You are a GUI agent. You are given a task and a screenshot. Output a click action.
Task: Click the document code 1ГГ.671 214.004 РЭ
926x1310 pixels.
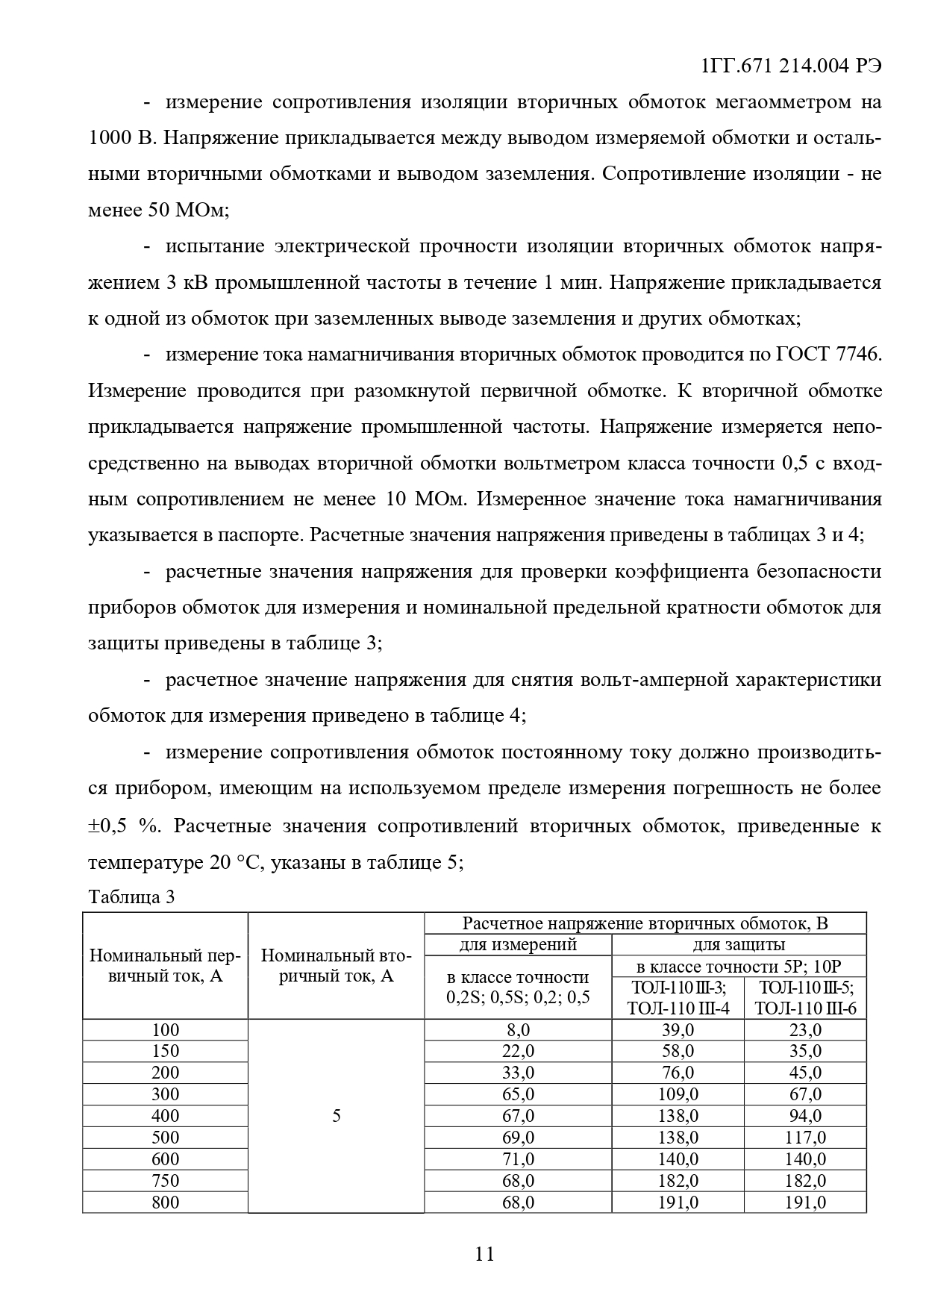[x=792, y=66]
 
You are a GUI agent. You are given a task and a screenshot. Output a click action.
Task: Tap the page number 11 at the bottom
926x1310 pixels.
[x=484, y=1253]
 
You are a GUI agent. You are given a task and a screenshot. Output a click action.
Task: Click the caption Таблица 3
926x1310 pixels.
[x=131, y=896]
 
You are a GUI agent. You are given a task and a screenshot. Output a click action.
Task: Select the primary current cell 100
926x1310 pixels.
[x=165, y=1030]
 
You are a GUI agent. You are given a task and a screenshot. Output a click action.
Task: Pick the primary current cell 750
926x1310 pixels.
[x=165, y=1181]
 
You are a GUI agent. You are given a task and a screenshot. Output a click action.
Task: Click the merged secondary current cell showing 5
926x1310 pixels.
[x=336, y=1116]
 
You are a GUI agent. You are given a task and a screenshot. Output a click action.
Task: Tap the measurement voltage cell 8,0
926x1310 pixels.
[x=518, y=1030]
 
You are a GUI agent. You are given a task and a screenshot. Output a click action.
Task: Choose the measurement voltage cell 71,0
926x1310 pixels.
[x=518, y=1159]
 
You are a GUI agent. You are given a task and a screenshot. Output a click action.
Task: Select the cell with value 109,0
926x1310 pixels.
[x=678, y=1094]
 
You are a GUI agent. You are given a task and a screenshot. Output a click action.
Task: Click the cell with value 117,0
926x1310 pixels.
[x=805, y=1138]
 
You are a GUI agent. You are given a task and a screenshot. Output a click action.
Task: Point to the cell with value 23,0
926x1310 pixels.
[x=805, y=1030]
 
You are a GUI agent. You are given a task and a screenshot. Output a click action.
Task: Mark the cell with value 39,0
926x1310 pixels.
[x=678, y=1030]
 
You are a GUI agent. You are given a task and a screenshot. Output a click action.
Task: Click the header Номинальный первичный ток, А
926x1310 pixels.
[x=165, y=965]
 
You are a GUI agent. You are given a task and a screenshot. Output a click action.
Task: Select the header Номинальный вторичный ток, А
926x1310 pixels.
[x=336, y=965]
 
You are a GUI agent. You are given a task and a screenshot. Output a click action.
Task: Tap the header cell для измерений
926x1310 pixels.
[x=518, y=944]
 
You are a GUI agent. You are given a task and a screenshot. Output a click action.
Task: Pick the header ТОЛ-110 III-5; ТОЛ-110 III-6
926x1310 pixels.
[x=805, y=998]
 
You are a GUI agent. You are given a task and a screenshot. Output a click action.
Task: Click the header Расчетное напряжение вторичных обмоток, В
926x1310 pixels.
[x=645, y=923]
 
